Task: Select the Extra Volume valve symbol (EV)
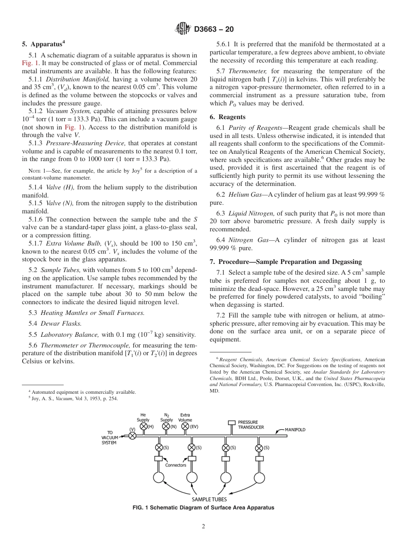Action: [186, 426]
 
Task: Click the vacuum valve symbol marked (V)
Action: [132, 435]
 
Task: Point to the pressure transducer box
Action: [231, 422]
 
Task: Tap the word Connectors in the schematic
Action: [176, 465]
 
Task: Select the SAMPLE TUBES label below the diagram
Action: [209, 499]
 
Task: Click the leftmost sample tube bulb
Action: [159, 477]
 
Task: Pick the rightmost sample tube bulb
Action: [259, 477]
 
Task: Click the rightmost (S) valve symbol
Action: [259, 448]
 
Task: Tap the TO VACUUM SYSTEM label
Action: [108, 437]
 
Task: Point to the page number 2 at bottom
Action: [203, 527]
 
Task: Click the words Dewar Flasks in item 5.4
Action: [61, 323]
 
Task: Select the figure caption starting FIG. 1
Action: [203, 508]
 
